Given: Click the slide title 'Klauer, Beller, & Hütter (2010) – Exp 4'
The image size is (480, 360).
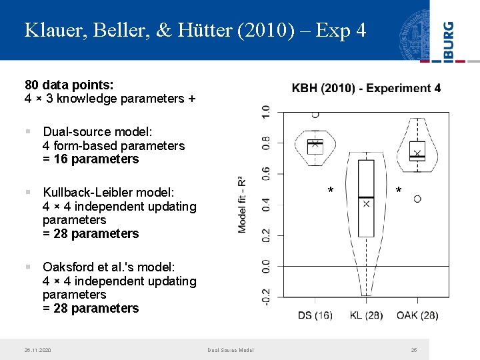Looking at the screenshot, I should (x=195, y=30).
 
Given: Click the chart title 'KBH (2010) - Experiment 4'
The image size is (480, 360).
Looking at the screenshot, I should (x=366, y=88).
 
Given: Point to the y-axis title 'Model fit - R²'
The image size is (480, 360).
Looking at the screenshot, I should (x=242, y=204).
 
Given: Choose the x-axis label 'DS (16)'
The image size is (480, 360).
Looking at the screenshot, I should (x=315, y=315).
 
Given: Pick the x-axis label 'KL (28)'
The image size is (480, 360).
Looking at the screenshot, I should (x=366, y=315).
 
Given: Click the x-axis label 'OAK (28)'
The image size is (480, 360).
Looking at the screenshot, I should (x=417, y=315).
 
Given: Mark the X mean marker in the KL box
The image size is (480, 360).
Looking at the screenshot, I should (x=366, y=203).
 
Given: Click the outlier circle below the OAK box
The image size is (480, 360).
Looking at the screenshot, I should (x=417, y=199).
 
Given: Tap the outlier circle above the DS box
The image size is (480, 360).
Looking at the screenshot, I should (x=315, y=115).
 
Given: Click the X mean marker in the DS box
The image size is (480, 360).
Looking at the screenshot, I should (x=315, y=143).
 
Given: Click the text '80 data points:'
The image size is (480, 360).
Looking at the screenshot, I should (x=69, y=85).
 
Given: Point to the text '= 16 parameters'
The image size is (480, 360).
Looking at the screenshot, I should (x=91, y=159).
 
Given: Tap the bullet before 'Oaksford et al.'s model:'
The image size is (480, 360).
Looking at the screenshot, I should (x=29, y=266).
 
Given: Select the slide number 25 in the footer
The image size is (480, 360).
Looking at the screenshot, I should (x=413, y=350).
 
